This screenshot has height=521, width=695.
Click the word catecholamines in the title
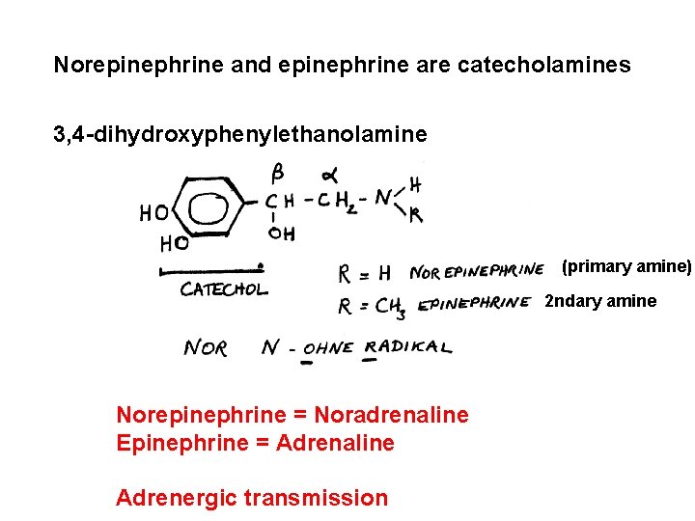[544, 66]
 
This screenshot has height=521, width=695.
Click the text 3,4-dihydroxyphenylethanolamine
[239, 134]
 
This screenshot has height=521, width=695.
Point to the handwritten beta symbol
[277, 174]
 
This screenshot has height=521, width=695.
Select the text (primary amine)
[626, 266]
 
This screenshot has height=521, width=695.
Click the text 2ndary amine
[600, 301]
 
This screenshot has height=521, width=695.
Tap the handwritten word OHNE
[328, 348]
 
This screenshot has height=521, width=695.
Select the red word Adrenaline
[335, 443]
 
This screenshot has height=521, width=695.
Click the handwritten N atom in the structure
[384, 199]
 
